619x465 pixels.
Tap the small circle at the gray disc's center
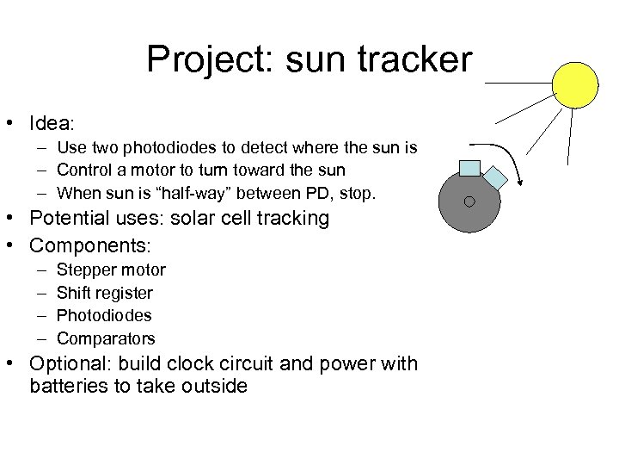point(469,201)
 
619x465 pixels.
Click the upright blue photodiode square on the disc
point(469,168)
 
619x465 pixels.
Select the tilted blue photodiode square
point(495,177)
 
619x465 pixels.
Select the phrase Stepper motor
point(111,270)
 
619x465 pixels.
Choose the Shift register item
point(104,293)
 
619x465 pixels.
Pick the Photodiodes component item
point(104,315)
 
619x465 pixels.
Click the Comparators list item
point(106,338)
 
